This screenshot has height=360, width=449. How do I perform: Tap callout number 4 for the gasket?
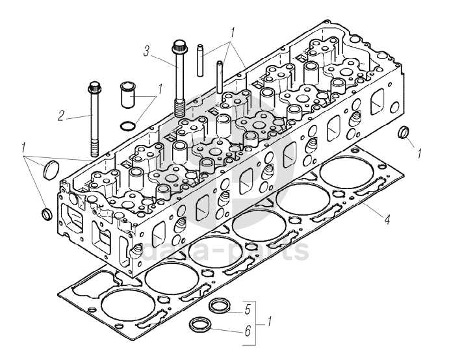pyautogui.click(x=387, y=220)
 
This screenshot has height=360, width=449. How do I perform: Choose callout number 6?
pyautogui.click(x=247, y=331)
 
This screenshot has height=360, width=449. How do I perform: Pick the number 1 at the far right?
pyautogui.click(x=420, y=154)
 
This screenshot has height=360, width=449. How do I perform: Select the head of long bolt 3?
pyautogui.click(x=179, y=47)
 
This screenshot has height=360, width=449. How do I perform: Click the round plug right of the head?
pyautogui.click(x=404, y=133)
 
